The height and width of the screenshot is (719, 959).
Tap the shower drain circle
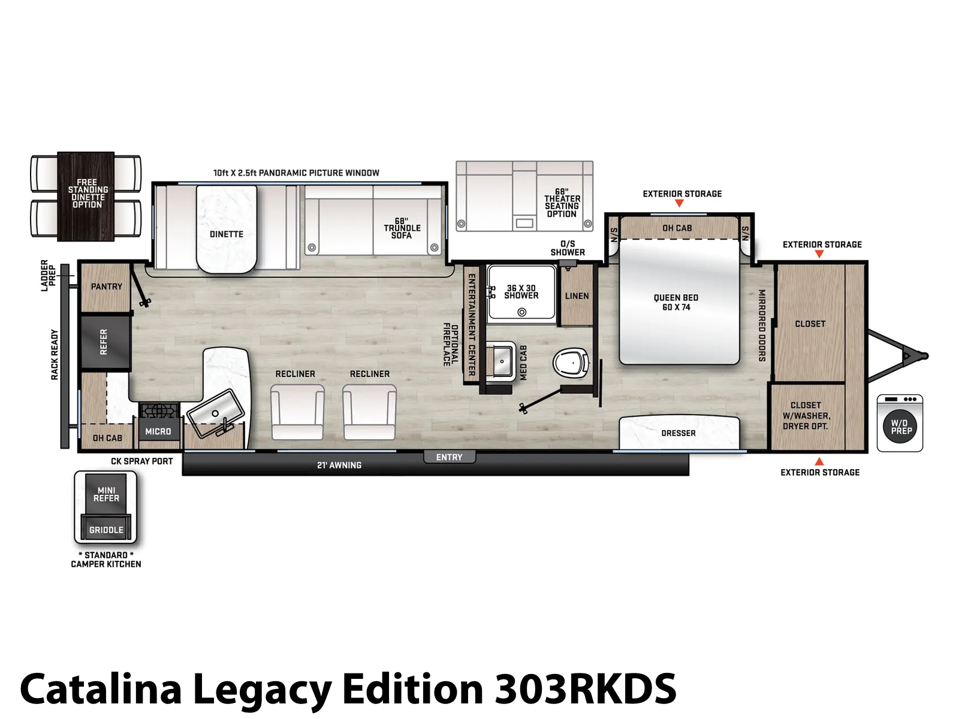click(521, 312)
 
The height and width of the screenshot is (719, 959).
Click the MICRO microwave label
click(158, 431)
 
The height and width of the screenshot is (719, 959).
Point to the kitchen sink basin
click(215, 413)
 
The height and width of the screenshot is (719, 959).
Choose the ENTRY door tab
click(449, 457)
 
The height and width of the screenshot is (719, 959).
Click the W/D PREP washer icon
click(900, 423)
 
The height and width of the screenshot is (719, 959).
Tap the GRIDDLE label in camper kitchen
click(106, 530)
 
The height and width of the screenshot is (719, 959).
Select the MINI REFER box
click(105, 494)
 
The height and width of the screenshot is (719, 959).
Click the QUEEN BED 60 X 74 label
click(676, 302)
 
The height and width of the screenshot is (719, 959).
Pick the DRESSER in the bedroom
click(679, 432)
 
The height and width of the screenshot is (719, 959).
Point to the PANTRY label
click(107, 286)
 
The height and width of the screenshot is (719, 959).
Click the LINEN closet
click(577, 295)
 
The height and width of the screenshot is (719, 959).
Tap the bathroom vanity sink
click(502, 361)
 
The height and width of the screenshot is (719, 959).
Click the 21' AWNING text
click(339, 466)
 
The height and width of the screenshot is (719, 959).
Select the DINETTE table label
click(227, 234)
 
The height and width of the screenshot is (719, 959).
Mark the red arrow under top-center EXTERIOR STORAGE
click(679, 203)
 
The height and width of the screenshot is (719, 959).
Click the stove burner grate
click(159, 410)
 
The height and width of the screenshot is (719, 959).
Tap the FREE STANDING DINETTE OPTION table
click(86, 197)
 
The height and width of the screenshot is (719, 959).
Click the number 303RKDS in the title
click(585, 689)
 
